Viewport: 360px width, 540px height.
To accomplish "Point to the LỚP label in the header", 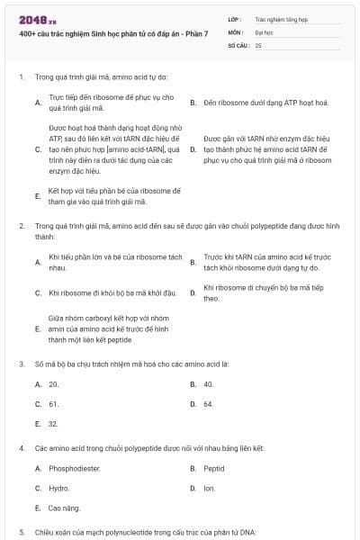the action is [233, 17].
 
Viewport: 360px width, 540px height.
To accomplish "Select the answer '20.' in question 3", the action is [54, 384].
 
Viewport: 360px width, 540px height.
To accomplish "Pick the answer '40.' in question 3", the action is [209, 384].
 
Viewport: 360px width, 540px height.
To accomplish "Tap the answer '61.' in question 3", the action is [54, 404].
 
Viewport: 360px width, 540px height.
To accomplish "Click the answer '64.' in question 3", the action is [209, 404].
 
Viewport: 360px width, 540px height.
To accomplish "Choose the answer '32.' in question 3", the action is [54, 424].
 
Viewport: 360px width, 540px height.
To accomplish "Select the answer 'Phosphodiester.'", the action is [75, 468].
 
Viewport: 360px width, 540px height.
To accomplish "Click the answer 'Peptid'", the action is [214, 468].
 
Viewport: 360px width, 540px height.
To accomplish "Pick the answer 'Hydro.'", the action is [59, 488].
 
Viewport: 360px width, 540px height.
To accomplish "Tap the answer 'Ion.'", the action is [209, 488].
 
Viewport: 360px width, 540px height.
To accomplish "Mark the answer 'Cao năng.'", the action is [65, 508].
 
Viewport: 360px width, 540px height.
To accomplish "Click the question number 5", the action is [21, 532].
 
